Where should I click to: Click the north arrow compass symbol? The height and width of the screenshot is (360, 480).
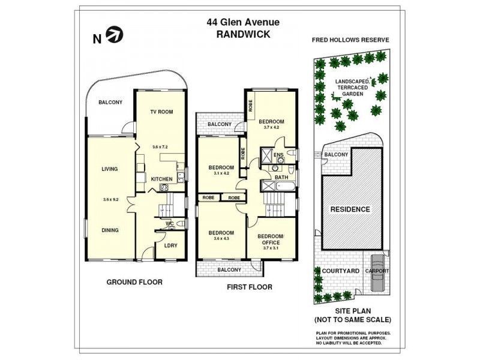115,35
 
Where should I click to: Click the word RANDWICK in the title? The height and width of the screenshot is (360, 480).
243,34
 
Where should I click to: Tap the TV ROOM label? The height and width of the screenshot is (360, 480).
161,112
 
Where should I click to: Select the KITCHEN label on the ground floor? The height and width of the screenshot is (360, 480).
161,179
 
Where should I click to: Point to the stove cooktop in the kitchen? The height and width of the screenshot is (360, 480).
164,187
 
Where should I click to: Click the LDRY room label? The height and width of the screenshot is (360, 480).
171,245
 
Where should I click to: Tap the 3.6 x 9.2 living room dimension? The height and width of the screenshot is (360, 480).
111,200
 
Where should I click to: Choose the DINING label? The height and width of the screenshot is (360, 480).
110,230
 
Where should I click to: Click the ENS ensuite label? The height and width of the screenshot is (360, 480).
278,155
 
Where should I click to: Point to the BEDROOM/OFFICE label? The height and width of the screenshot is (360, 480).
271,239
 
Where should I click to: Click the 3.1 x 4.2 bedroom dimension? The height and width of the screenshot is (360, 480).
221,173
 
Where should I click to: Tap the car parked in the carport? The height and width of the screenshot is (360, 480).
378,272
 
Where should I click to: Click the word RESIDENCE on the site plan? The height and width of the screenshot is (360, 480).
350,209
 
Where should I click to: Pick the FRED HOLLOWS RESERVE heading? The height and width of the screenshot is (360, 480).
350,40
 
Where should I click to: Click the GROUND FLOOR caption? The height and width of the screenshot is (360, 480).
134,282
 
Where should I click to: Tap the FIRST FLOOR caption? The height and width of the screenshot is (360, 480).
250,287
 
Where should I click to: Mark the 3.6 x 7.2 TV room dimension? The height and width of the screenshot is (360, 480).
160,147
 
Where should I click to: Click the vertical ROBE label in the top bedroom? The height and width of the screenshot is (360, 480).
251,106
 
